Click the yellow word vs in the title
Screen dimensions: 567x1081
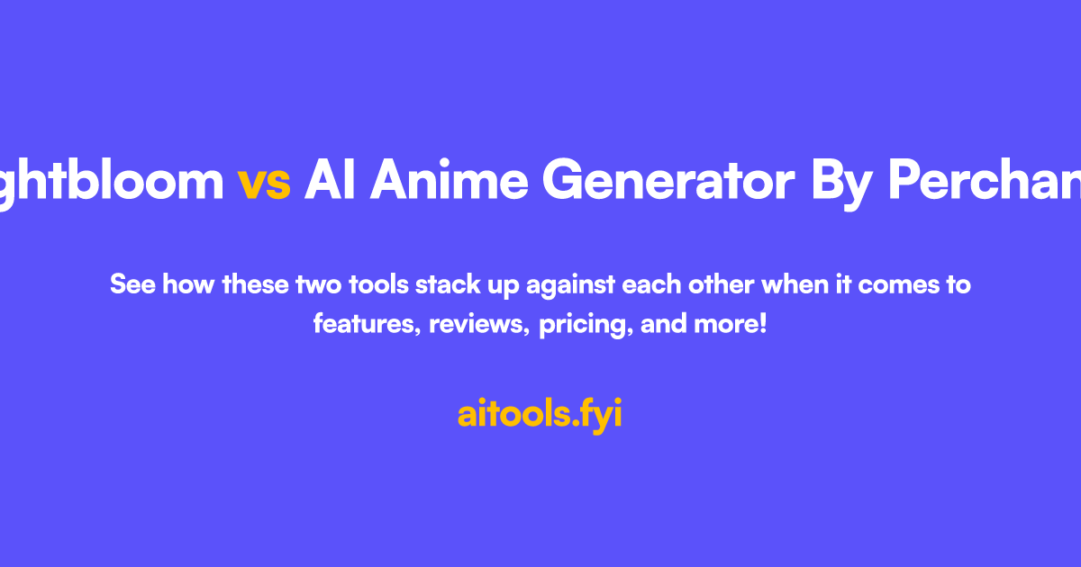tap(264, 183)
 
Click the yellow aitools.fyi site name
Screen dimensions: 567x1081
tap(540, 415)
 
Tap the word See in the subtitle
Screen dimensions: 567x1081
tap(131, 285)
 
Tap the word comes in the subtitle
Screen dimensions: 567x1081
tap(895, 286)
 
